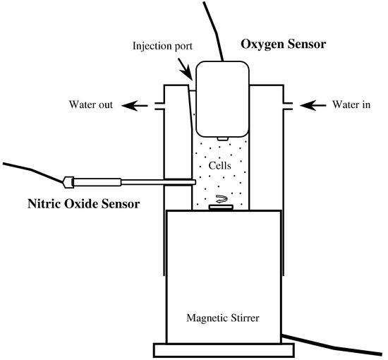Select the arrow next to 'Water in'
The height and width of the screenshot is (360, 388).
pos(310,106)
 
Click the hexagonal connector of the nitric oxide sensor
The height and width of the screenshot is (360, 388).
pos(69,182)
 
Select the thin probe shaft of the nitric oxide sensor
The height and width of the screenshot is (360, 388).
pos(155,183)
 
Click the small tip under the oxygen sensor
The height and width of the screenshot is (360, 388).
pos(222,137)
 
